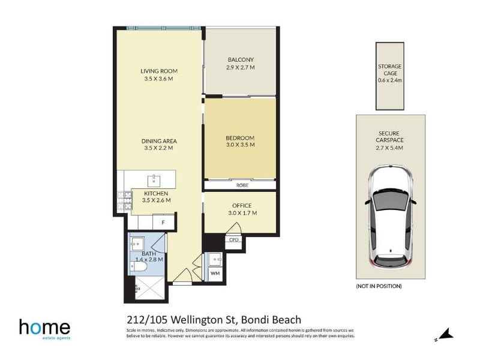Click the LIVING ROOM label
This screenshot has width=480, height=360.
(x=159, y=71)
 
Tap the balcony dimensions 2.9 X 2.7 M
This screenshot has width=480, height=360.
(x=241, y=67)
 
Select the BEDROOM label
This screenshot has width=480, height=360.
(x=241, y=138)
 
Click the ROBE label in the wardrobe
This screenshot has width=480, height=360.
(x=242, y=185)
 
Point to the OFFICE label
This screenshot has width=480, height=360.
(x=242, y=206)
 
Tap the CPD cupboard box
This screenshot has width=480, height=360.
(x=233, y=239)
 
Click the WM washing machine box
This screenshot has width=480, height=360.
(x=215, y=273)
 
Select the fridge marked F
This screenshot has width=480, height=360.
(x=163, y=222)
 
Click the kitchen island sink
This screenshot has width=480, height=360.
(x=154, y=181)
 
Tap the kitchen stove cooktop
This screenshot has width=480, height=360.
(x=124, y=200)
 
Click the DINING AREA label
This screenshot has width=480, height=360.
(x=159, y=141)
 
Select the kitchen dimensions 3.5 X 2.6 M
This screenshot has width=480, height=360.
(x=157, y=200)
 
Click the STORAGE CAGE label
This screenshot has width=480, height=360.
(x=389, y=70)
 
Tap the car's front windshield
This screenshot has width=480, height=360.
(x=391, y=202)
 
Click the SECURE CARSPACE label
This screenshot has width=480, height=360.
(x=389, y=137)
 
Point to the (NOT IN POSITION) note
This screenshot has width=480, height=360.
(x=379, y=286)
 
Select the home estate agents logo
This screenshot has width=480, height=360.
(x=44, y=329)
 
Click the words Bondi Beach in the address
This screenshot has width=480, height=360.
(x=271, y=320)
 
